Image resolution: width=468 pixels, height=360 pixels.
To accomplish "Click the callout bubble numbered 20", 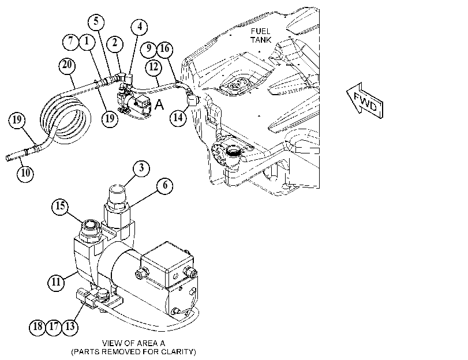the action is (x=67, y=65).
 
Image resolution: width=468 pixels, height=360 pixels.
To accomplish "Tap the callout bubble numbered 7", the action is (x=71, y=41).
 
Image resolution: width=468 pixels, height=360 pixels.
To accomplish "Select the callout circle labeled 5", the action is (x=96, y=22).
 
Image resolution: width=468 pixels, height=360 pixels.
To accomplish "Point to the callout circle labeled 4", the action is (x=140, y=27).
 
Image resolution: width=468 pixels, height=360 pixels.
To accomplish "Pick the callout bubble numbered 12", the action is (x=153, y=67).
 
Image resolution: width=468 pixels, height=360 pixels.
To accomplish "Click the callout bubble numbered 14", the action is (x=178, y=118).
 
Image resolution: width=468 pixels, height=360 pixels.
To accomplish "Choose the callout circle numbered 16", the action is (x=165, y=49).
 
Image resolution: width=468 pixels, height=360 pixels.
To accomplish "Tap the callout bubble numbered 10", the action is (x=25, y=173).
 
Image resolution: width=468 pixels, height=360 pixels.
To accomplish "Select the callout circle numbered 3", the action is (x=141, y=168).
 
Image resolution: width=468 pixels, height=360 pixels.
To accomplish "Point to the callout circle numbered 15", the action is (x=60, y=206).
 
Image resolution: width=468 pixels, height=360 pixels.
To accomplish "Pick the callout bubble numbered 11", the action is (x=56, y=282).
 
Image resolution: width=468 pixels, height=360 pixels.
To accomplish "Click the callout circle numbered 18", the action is (x=38, y=327).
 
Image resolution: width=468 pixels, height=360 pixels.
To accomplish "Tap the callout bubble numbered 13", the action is (x=70, y=327).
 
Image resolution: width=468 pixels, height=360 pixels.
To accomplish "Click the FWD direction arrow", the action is (x=365, y=101).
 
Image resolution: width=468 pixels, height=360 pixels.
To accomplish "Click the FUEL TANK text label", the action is (x=261, y=36).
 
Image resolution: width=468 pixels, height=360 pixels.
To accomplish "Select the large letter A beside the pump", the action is (x=160, y=105).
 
